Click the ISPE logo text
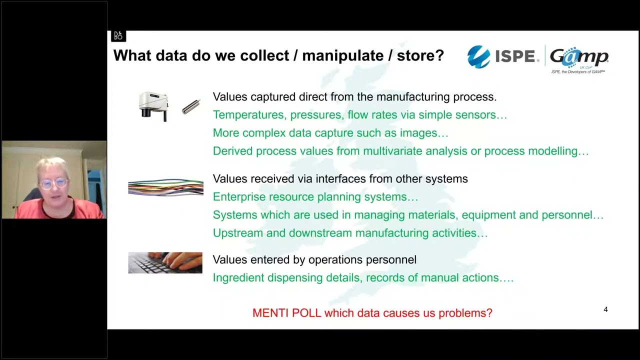[515, 56]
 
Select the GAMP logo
[579, 57]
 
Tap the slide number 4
[605, 309]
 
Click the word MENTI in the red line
[270, 313]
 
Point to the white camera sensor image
[153, 105]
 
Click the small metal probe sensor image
[190, 106]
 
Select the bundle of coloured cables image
[165, 187]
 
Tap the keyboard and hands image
[165, 262]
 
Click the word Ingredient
[238, 277]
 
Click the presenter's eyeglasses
[54, 183]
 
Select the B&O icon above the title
[118, 36]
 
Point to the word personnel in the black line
[392, 259]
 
